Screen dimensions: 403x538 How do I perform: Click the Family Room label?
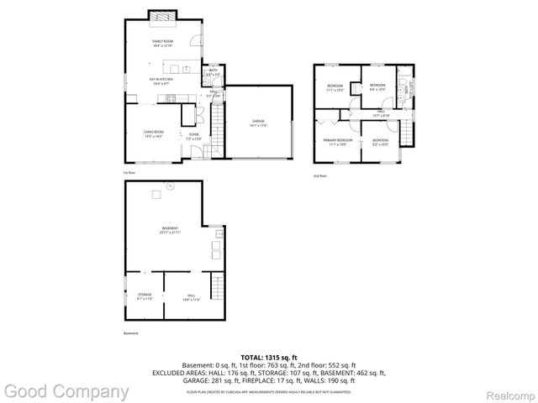[x=162, y=42]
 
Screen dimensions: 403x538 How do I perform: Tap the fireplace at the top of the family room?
[x=162, y=15]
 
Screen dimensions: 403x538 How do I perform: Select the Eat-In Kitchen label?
[x=161, y=80]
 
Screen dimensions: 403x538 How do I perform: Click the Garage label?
[x=258, y=123]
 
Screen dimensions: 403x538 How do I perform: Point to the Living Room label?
[x=153, y=133]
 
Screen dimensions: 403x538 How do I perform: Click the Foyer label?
[x=193, y=135]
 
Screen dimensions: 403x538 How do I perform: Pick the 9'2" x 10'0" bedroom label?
[x=381, y=141]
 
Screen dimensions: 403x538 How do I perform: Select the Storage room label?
[x=145, y=296]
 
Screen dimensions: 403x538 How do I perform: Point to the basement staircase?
[x=218, y=287]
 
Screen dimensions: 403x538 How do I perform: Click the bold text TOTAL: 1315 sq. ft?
[x=269, y=358]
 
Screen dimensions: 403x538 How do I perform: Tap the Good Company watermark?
[x=65, y=391]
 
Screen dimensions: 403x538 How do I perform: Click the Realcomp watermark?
[x=504, y=392]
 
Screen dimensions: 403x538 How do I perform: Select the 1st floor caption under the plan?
[x=129, y=173]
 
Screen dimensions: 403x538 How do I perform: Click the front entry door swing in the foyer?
[x=196, y=153]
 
